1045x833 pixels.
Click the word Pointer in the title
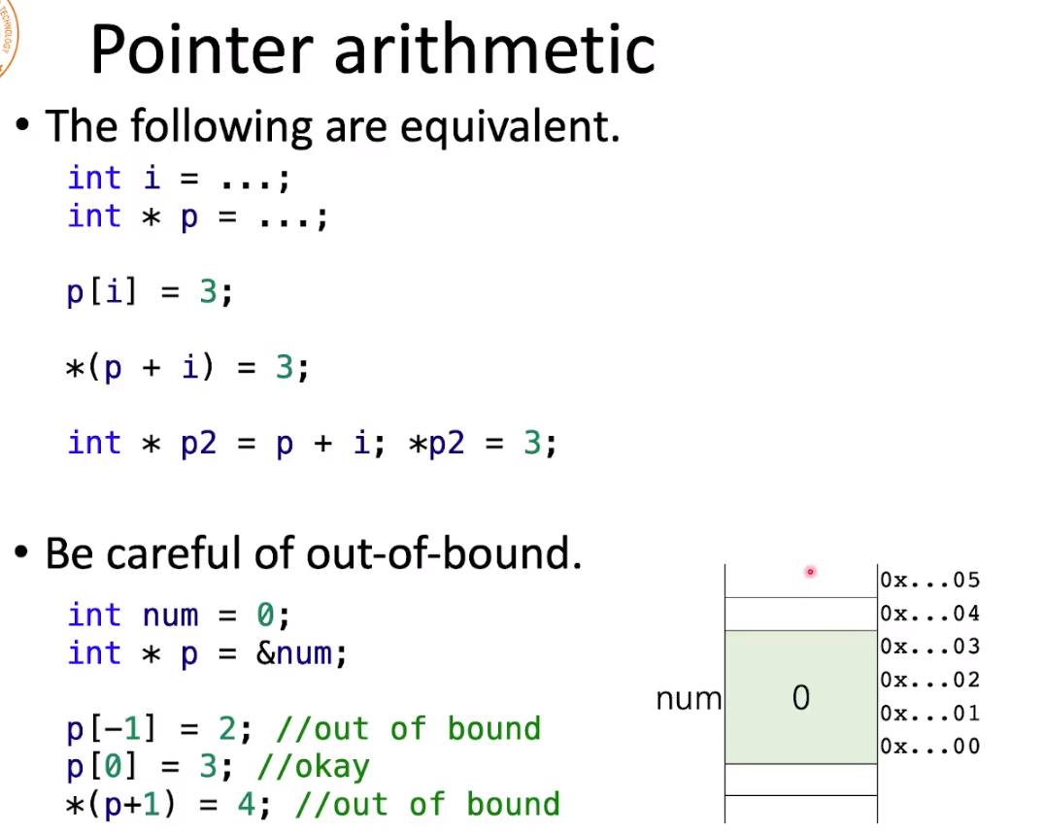click(x=202, y=50)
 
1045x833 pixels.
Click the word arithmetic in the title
click(x=495, y=49)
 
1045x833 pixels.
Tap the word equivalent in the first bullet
click(x=510, y=126)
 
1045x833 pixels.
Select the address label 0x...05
click(x=929, y=580)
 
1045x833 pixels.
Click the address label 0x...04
click(x=929, y=613)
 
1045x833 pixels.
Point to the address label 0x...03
click(x=929, y=647)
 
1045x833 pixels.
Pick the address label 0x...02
click(x=929, y=680)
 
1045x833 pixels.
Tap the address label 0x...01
click(x=929, y=713)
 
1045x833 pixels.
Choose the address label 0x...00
click(x=929, y=747)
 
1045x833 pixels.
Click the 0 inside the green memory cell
click(x=801, y=698)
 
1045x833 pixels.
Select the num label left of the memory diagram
click(x=689, y=699)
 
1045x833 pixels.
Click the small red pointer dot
click(x=810, y=572)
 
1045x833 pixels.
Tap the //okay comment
click(x=314, y=768)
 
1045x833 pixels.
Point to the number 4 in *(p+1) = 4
click(x=247, y=805)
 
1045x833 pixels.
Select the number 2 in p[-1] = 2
click(x=227, y=729)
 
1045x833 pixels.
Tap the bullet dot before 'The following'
click(x=22, y=124)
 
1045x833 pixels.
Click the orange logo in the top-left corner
click(x=7, y=37)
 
